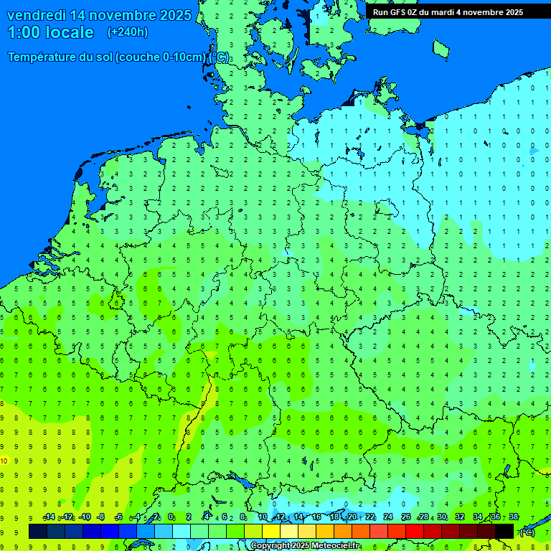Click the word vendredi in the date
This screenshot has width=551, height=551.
(37, 15)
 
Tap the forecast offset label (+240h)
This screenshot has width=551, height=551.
(128, 32)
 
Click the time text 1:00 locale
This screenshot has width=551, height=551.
(50, 32)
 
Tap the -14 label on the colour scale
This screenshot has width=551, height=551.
(49, 517)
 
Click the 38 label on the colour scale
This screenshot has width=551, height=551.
(513, 517)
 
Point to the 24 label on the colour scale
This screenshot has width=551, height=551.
(388, 517)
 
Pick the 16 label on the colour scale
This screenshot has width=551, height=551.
(316, 517)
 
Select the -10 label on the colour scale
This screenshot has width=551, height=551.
(84, 517)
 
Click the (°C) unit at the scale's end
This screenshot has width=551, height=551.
(527, 532)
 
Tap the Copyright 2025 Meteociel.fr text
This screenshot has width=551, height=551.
(305, 546)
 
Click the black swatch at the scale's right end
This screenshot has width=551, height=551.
(504, 531)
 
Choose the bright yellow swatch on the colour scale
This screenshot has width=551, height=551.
(270, 531)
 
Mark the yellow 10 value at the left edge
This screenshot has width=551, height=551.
(4, 461)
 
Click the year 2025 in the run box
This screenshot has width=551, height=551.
(512, 12)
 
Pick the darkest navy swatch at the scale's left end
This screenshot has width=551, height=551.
(37, 531)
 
